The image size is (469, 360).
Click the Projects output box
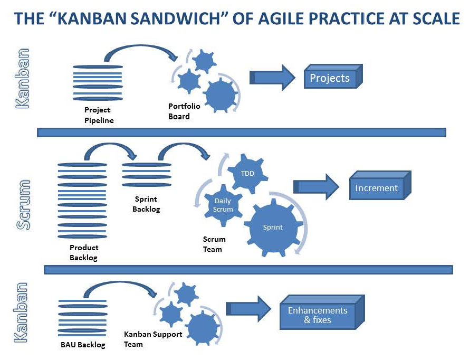330,79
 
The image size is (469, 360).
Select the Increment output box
376,188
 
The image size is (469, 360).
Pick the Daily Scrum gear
223,205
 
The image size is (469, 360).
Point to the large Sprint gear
273,228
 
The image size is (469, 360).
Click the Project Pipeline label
99,115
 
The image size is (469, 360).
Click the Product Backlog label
84,253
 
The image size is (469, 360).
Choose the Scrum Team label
214,244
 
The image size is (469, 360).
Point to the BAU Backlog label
83,345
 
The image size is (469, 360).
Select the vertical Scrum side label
23,204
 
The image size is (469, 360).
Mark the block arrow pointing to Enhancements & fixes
247,309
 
